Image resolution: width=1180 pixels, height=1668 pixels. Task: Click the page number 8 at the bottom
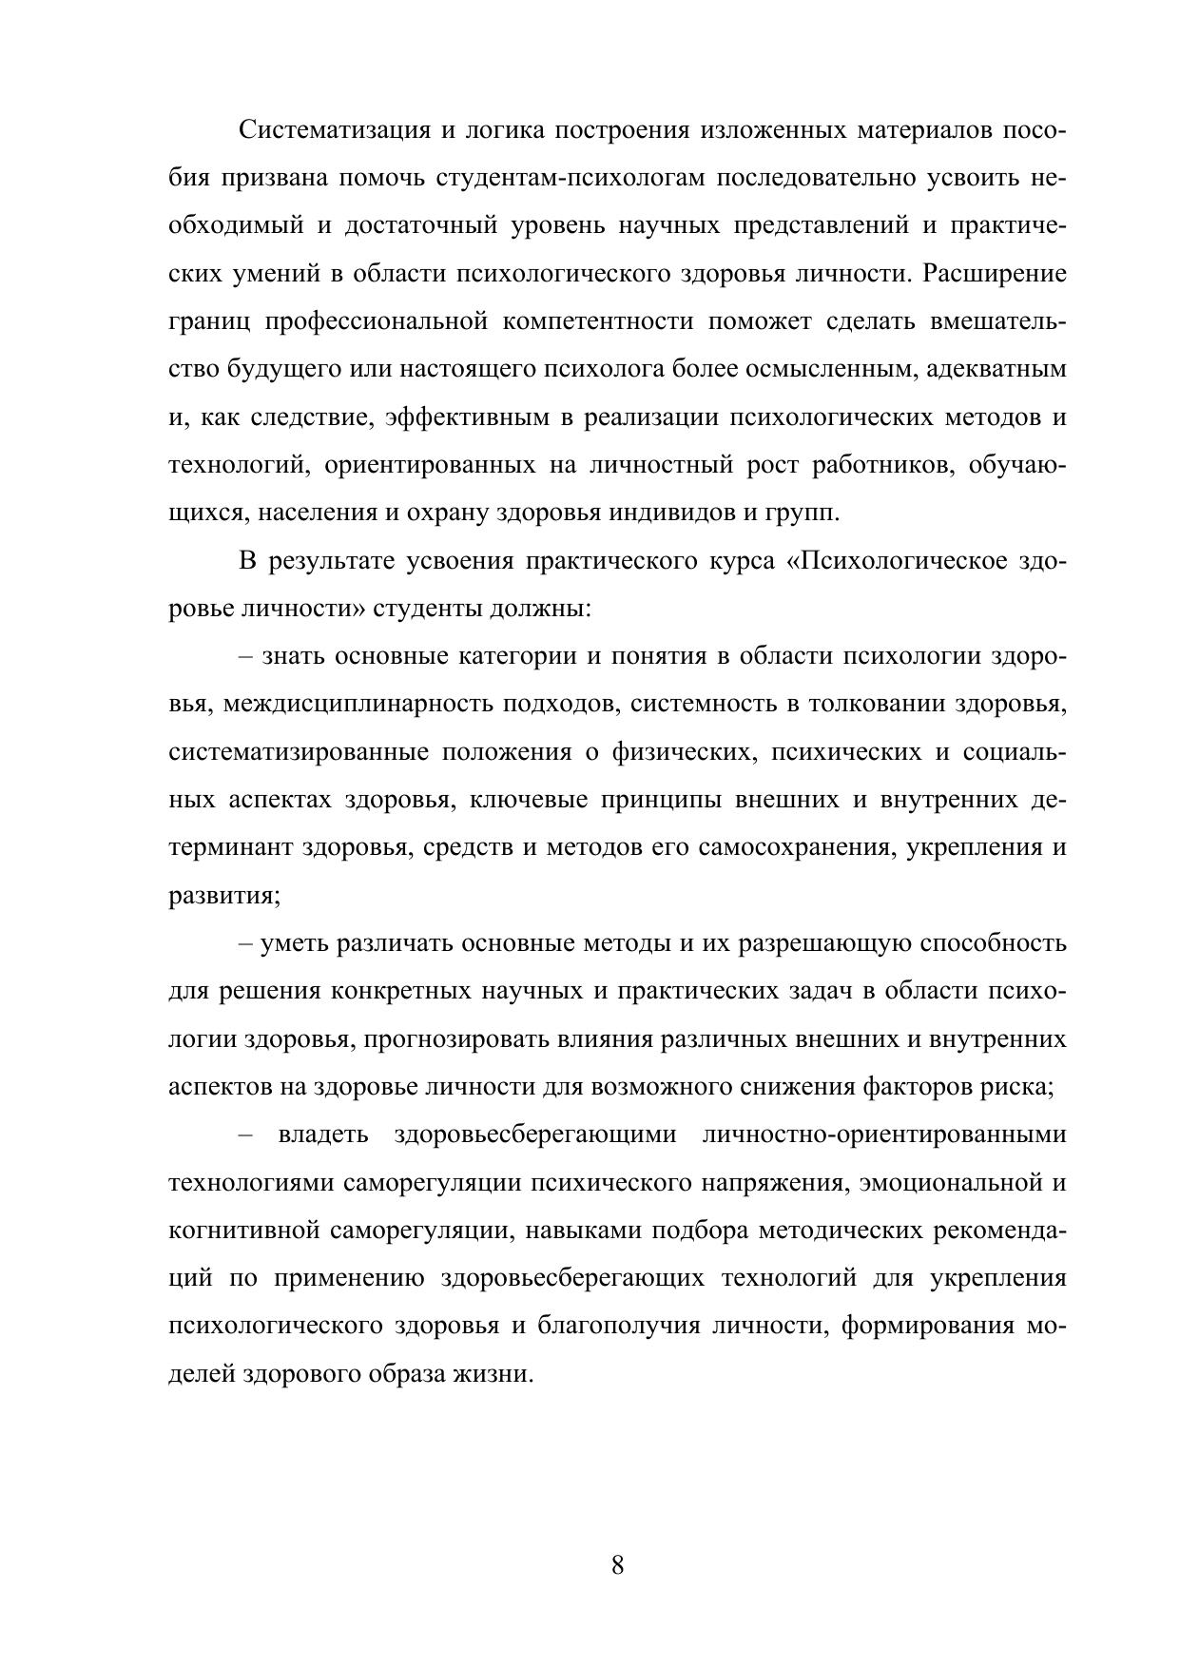617,1566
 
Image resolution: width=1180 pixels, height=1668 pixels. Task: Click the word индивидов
670,514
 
